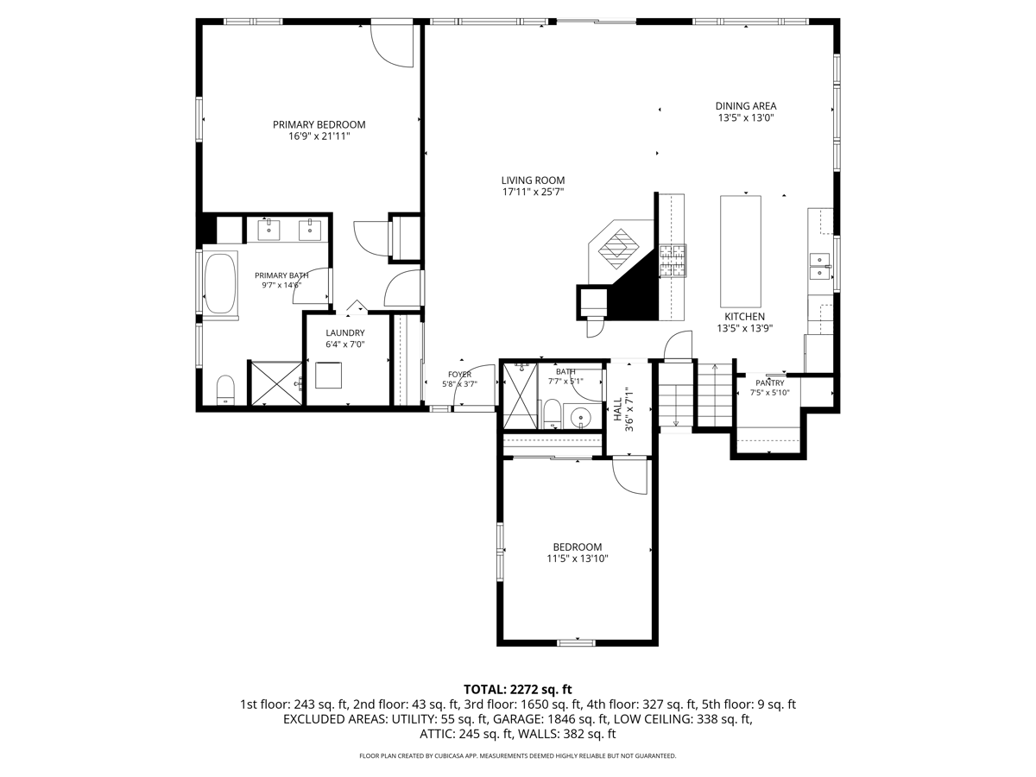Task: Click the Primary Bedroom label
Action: (319, 124)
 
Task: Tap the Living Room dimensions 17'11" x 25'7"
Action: (533, 192)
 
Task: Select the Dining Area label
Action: (746, 106)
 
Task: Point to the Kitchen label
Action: (745, 317)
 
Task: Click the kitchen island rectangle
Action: (741, 251)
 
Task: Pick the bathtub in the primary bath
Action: (220, 283)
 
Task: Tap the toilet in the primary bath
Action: (225, 389)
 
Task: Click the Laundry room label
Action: (345, 332)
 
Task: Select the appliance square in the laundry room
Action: (329, 375)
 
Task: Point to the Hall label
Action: (617, 409)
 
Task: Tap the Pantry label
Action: (770, 383)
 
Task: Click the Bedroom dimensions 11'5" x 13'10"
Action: (578, 559)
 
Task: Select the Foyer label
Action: (459, 375)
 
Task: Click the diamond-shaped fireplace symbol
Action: (618, 249)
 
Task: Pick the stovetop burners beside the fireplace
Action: (673, 261)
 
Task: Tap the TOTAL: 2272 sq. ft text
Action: (517, 689)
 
